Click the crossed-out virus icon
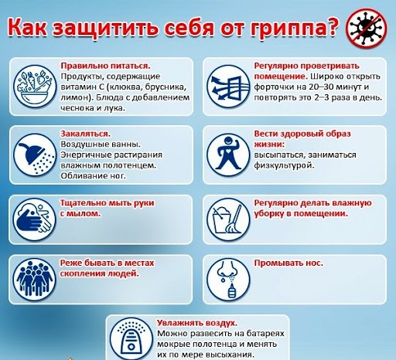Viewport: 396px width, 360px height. pos(366,28)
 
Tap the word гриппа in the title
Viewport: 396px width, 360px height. pos(286,28)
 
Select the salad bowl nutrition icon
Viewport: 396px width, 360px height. pos(35,87)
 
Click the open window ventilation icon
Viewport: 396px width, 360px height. pos(228,87)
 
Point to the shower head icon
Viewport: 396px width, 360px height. pos(35,155)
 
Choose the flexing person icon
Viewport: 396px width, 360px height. pos(228,155)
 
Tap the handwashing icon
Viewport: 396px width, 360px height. pos(35,219)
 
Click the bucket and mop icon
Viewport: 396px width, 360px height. pos(228,219)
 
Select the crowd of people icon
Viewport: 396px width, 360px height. pos(35,280)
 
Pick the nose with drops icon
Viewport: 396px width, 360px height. pos(228,280)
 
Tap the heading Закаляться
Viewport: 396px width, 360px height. pos(86,134)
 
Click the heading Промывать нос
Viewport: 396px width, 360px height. pos(288,263)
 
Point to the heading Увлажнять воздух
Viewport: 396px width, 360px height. pos(197,323)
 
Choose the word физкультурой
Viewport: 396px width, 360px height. pos(284,165)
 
